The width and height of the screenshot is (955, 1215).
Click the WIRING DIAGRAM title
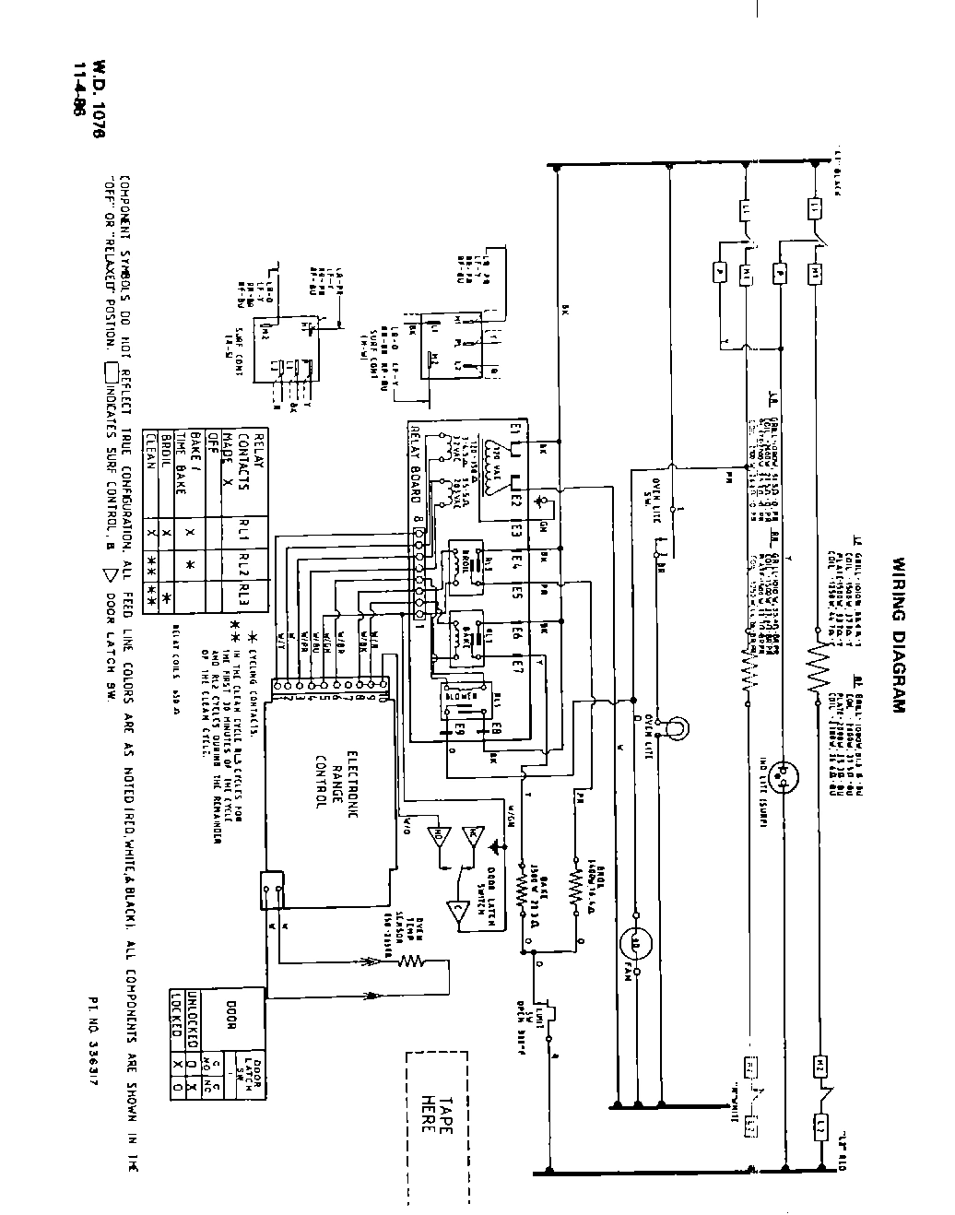899,634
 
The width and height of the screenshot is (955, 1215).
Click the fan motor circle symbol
634,942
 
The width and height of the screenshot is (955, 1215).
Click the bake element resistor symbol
523,889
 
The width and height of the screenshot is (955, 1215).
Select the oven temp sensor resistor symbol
409,963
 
